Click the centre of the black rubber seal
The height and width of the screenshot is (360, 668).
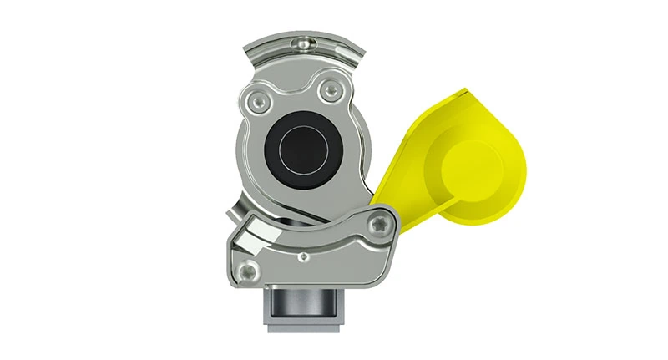298,152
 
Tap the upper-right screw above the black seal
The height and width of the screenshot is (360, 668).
333,90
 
